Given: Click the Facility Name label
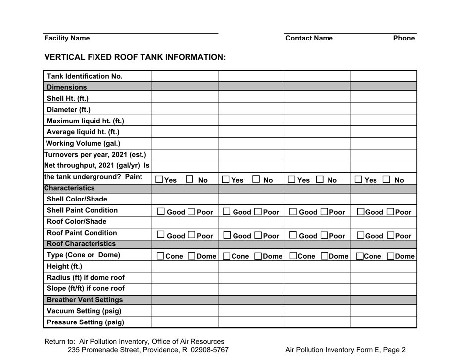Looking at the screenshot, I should [x=67, y=38].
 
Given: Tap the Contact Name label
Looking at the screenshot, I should [x=309, y=38].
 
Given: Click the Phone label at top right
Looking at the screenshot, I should [x=404, y=38].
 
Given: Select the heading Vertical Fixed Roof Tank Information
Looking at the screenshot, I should [x=135, y=57].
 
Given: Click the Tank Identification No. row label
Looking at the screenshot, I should [x=85, y=76].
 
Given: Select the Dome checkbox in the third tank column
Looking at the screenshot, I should [x=324, y=257].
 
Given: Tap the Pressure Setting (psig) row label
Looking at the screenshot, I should [x=85, y=322].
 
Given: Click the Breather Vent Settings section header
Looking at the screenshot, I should [x=85, y=299].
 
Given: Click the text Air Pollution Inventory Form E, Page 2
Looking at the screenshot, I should [x=346, y=350].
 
